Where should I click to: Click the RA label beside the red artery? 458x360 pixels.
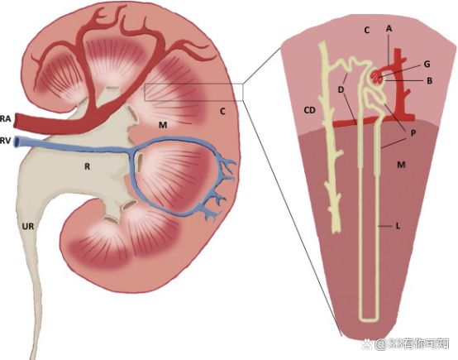pos(5,118)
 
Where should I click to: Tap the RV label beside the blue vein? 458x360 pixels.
pos(5,142)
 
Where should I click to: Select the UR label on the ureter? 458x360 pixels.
pos(28,226)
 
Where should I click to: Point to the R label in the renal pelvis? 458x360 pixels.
pos(87,166)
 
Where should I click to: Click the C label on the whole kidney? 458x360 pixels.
pos(222,112)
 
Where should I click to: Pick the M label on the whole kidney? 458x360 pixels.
pos(163,125)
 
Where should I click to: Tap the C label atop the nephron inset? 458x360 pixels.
pos(367,30)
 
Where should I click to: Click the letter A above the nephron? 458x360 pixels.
pos(389,28)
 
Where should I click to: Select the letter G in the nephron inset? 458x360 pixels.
pos(427,64)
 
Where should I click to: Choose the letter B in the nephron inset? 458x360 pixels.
pos(429,81)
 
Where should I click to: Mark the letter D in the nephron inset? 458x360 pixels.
pos(341,89)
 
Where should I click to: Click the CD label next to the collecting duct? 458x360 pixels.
pos(310,110)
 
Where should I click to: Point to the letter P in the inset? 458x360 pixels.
pos(413,133)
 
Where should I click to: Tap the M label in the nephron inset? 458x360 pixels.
pos(401,165)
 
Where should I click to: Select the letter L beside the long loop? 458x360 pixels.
pos(398,226)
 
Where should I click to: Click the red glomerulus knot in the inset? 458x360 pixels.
pos(376,77)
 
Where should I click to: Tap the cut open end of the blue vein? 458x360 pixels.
pos(18,142)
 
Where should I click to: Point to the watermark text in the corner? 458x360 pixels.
pos(405,344)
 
